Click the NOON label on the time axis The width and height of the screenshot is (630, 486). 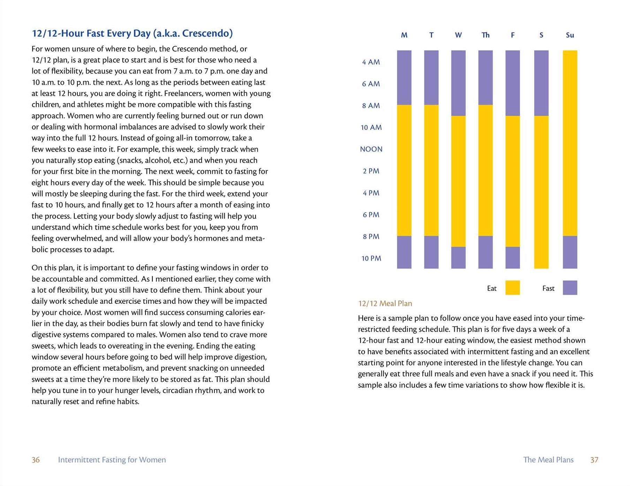(x=371, y=149)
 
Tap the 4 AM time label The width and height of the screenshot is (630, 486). (x=371, y=62)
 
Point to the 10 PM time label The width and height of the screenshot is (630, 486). (x=371, y=259)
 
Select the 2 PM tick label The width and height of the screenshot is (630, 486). (x=371, y=171)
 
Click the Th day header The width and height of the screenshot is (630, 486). (x=485, y=35)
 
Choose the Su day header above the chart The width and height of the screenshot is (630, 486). (x=570, y=35)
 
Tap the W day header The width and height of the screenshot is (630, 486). (x=458, y=35)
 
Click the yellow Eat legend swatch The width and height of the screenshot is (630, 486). (x=513, y=288)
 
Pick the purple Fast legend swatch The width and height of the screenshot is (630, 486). (x=570, y=288)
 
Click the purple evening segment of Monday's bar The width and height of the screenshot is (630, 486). (x=404, y=252)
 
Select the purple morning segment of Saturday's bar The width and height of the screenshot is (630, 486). (x=541, y=83)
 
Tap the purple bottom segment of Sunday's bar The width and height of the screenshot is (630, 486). (x=570, y=252)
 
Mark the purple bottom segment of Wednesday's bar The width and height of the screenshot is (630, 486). (x=458, y=258)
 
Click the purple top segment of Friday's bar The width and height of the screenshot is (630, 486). (x=513, y=83)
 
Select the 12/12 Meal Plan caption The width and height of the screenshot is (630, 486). (x=385, y=303)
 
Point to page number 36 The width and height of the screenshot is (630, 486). (x=36, y=460)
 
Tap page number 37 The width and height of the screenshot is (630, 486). (x=594, y=460)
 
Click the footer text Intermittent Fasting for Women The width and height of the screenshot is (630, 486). (x=112, y=460)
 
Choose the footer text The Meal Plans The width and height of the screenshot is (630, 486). (x=548, y=460)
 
